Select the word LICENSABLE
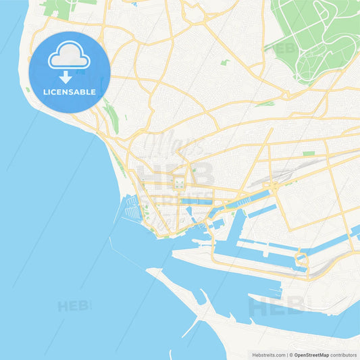coord(70,91)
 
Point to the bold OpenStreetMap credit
coord(311,355)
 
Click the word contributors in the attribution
coord(344,355)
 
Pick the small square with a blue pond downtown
coord(179,183)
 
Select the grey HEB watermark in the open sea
coord(74,306)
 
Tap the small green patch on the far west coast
coord(28,89)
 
